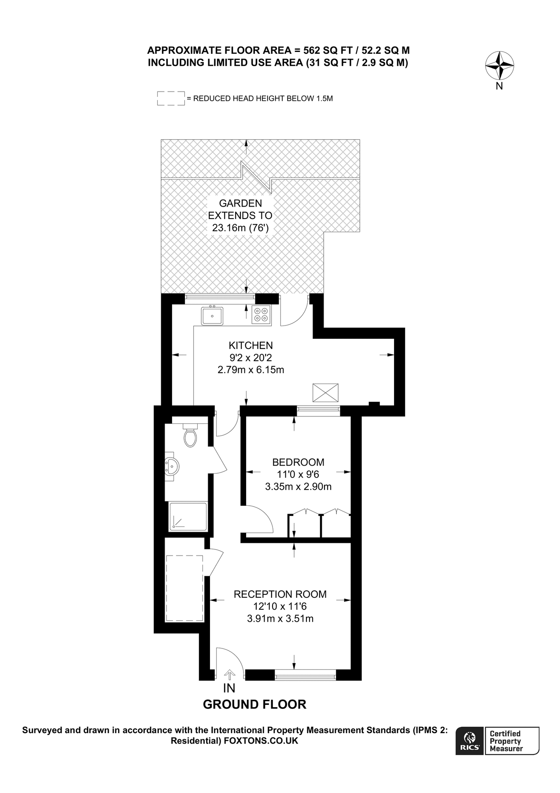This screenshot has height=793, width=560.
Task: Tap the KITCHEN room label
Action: click(x=251, y=345)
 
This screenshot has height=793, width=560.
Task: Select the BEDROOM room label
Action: click(x=298, y=462)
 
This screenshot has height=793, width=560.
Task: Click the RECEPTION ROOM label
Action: click(x=280, y=594)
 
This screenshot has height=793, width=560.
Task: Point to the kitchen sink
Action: click(x=212, y=316)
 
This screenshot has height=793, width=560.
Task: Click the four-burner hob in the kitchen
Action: click(x=261, y=315)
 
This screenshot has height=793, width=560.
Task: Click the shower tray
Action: click(x=188, y=516)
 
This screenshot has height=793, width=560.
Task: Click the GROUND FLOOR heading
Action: click(x=254, y=704)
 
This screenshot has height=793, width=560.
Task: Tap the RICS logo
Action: click(x=469, y=741)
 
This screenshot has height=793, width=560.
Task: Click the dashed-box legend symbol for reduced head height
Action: click(x=171, y=98)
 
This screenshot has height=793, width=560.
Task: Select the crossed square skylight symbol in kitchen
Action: click(x=326, y=393)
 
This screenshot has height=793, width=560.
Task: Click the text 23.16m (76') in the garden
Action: click(x=240, y=228)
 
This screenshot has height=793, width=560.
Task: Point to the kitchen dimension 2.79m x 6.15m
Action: click(x=251, y=370)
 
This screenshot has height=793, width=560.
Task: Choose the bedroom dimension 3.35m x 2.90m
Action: click(x=298, y=487)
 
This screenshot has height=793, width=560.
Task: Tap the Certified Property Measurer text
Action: click(x=506, y=741)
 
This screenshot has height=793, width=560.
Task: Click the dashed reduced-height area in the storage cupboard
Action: click(x=184, y=588)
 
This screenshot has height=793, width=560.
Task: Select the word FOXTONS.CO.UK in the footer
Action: click(x=261, y=741)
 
